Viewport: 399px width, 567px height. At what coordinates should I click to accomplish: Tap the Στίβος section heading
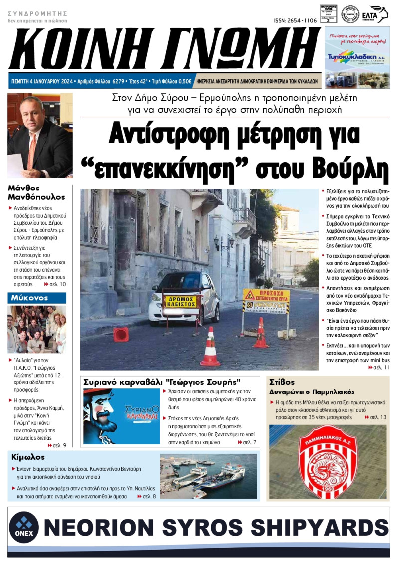tap(283, 382)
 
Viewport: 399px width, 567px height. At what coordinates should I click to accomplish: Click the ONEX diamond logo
tap(23, 526)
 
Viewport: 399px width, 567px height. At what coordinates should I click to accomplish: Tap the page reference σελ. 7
tap(247, 442)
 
